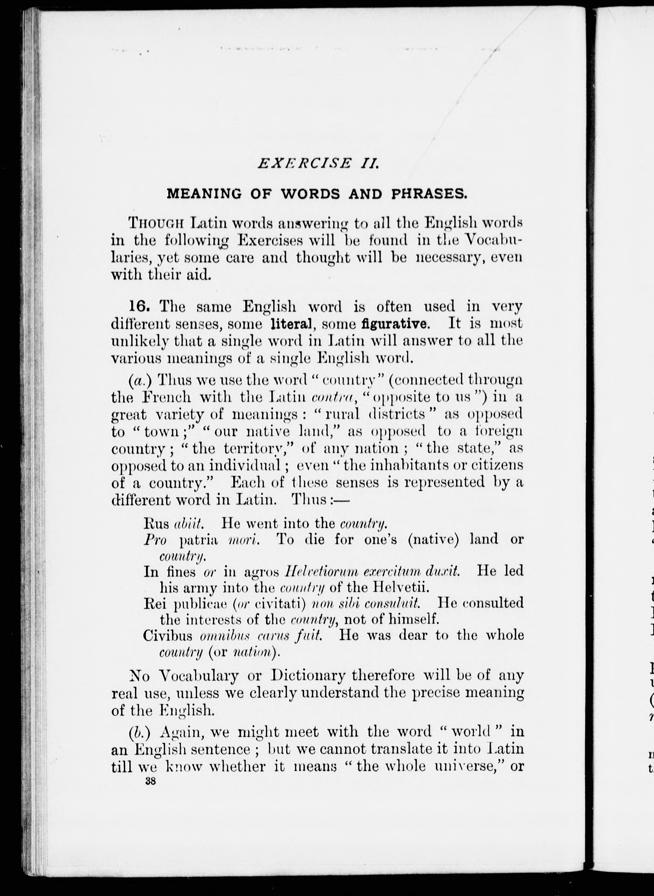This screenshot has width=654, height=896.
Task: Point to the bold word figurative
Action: tap(395, 324)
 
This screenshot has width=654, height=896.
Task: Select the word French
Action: tap(167, 397)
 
